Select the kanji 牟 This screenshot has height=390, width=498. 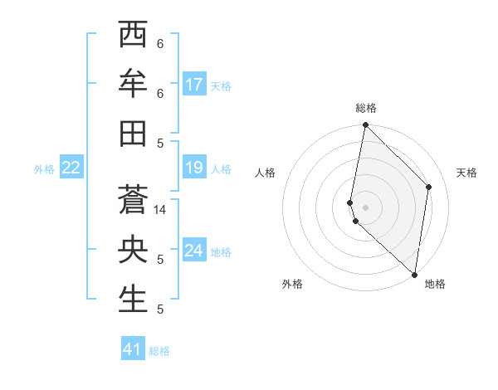pos(133,84)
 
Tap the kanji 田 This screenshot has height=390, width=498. pos(133,133)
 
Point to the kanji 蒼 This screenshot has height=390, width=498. pos(133,200)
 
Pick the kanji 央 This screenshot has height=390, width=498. pos(133,250)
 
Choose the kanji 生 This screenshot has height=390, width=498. pos(133,300)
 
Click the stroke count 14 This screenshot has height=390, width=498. pos(160,210)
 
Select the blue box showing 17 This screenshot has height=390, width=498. pos(194,85)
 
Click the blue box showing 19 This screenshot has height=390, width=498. pos(194,168)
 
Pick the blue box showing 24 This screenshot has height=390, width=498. pos(194,251)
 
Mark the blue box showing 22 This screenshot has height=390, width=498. pos(71,168)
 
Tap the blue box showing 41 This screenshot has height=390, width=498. pos(133,349)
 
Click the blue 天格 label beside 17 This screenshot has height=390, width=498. pos(221,86)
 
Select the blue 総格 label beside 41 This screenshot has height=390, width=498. pos(159,351)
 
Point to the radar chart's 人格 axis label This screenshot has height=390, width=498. pos(265,173)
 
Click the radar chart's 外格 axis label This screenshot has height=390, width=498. pos(292,284)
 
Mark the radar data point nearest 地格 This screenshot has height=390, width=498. pos(414,275)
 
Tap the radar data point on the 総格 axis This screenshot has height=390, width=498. pos(365,125)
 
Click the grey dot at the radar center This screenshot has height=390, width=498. pos(365,207)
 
